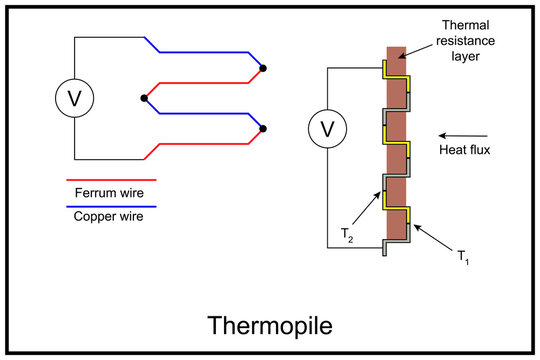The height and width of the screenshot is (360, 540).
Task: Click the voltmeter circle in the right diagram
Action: click(x=325, y=129)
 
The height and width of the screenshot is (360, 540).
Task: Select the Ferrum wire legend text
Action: click(x=110, y=193)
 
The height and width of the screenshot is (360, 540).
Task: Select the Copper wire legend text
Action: click(x=110, y=215)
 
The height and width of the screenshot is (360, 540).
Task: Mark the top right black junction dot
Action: click(x=263, y=69)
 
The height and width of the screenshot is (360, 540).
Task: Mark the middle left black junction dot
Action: click(x=145, y=99)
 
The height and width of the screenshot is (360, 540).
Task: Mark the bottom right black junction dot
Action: click(x=263, y=128)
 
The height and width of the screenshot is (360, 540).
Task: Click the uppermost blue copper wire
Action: click(x=205, y=53)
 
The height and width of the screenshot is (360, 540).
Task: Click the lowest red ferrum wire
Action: click(x=205, y=144)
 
